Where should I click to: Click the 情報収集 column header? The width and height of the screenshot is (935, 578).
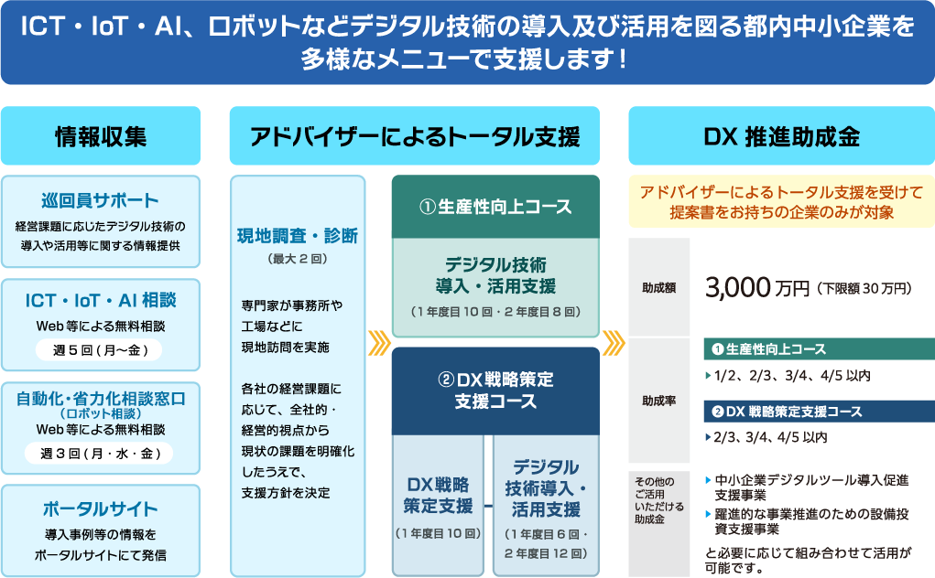coord(101,136)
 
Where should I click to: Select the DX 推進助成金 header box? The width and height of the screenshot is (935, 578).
coord(782,136)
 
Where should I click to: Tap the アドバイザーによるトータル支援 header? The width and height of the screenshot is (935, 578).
coord(415,136)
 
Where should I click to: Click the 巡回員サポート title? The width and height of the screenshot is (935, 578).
coord(100,200)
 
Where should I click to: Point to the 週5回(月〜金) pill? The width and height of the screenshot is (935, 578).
coord(100,350)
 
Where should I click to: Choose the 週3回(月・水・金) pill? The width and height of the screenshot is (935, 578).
coord(99,454)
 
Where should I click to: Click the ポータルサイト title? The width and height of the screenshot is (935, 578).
coord(100,508)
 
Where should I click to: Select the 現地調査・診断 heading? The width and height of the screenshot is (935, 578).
coord(298,236)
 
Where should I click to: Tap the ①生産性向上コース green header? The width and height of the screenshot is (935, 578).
coord(495,207)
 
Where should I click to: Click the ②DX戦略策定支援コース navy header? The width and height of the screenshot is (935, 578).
coord(495,391)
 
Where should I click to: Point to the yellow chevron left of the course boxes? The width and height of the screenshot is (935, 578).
coord(378,343)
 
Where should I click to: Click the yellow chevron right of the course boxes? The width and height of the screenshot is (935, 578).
coord(614,343)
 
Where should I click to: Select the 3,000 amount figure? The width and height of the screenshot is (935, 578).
coord(737,288)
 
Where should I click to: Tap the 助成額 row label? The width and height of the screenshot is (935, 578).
coord(659,287)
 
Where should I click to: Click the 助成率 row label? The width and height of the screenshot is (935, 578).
coord(659,401)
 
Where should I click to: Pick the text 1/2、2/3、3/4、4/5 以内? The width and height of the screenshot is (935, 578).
coord(792,376)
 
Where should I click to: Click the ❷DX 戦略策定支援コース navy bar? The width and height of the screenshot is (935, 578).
coord(820,412)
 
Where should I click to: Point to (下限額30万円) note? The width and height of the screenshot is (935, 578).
coord(864,289)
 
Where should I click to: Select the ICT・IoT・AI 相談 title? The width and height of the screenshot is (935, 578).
coord(100,300)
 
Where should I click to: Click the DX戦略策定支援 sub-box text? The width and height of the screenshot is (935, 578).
coord(439,496)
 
